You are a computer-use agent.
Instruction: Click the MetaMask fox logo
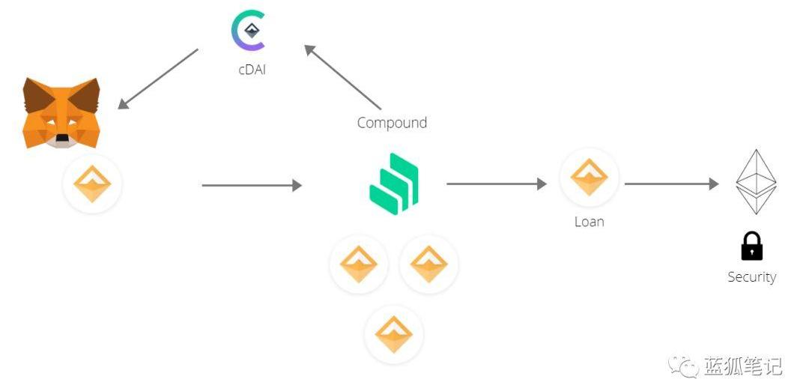tap(61, 112)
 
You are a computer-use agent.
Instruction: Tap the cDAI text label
tap(252, 70)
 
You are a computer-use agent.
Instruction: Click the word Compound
tap(392, 122)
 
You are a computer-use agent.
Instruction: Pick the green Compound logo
tap(394, 184)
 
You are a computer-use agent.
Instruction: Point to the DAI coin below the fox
tap(92, 184)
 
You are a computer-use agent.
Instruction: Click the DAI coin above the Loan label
tap(589, 178)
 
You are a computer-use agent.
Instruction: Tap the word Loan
tap(589, 222)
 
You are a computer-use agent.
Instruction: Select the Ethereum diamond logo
tap(756, 182)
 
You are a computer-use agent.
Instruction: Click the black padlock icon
tap(751, 246)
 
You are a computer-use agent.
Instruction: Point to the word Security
tap(751, 277)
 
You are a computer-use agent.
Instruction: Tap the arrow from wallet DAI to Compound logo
tap(252, 185)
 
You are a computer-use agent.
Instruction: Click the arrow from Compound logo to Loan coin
tap(496, 184)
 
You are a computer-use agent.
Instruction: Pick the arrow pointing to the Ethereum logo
tap(671, 184)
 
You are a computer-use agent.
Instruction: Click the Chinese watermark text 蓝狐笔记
tap(743, 366)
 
